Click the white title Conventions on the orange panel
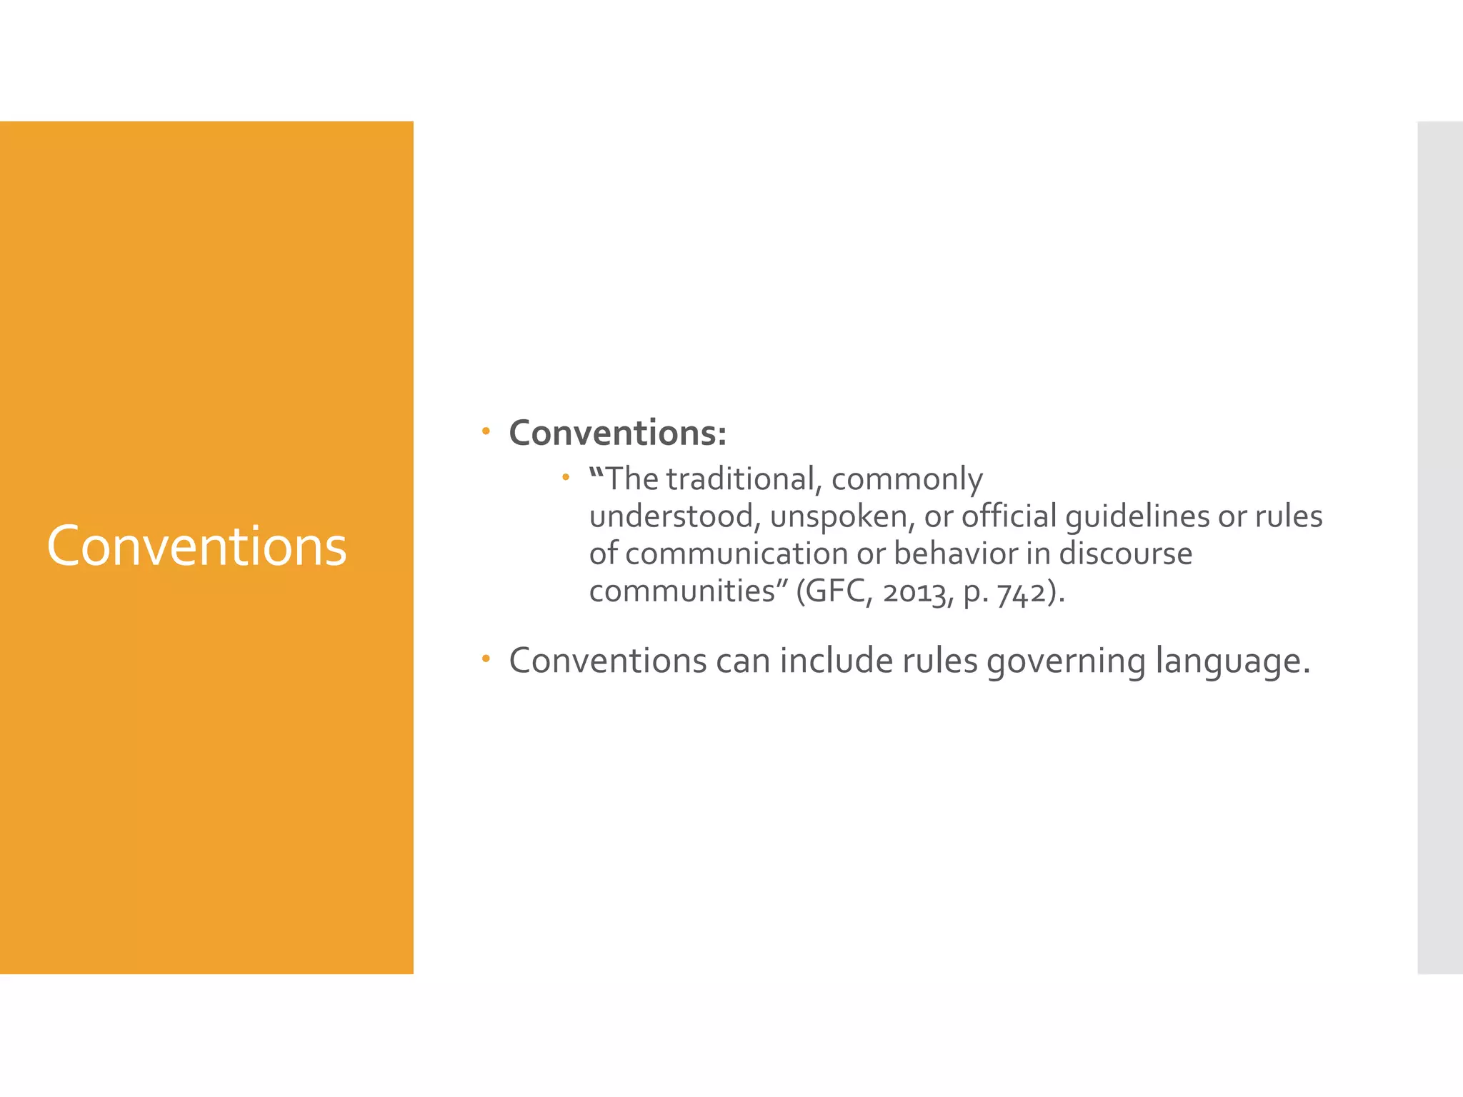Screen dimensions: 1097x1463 [196, 546]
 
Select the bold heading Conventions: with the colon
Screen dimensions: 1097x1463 [617, 434]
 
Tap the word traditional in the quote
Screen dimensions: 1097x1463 [739, 479]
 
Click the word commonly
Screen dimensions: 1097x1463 [907, 479]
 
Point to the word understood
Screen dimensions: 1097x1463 [671, 516]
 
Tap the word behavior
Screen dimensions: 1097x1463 [955, 554]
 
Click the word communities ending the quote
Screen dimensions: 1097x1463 [682, 591]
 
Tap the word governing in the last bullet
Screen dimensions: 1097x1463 [1066, 661]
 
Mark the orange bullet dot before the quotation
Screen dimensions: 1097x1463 [565, 476]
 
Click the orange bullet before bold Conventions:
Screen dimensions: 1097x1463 [486, 431]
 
